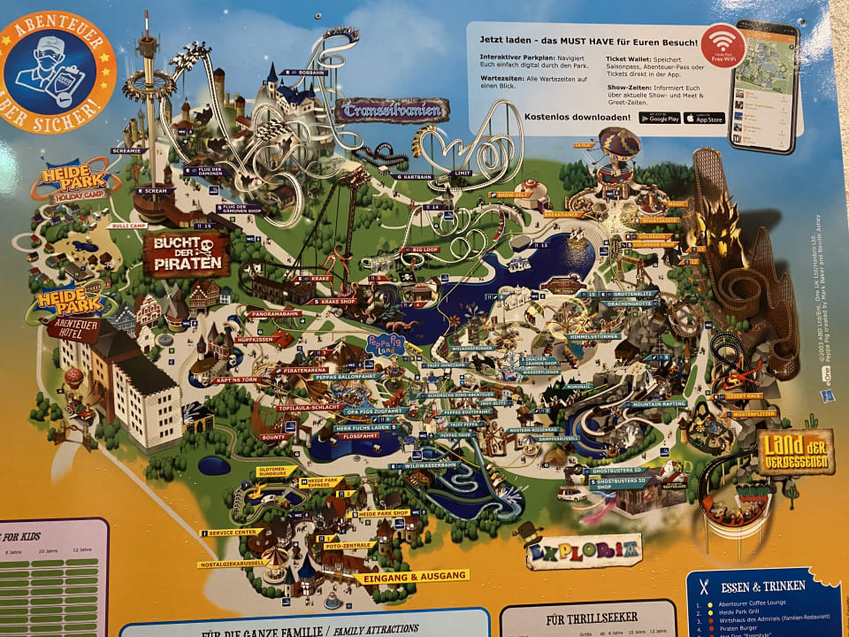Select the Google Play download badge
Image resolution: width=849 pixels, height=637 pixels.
660,118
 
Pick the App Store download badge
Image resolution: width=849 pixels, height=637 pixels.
704,118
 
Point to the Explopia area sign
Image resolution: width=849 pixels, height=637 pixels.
584,551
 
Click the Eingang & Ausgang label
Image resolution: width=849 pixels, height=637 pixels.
412,576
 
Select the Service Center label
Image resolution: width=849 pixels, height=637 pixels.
232,533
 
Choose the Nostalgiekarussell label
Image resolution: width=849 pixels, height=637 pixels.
235,564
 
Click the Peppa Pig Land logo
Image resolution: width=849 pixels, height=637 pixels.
378,342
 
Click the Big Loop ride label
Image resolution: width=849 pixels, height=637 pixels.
425,250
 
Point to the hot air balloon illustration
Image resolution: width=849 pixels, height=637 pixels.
619,146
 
